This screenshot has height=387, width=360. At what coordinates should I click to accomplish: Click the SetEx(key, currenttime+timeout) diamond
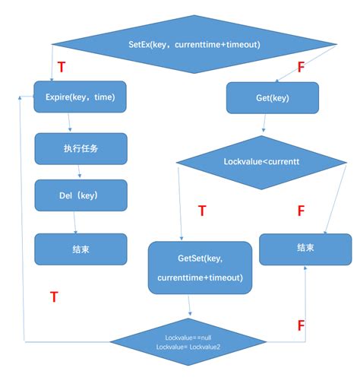coord(194,45)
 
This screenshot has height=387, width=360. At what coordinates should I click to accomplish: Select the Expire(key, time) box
coord(80,97)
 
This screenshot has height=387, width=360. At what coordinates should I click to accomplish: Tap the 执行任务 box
coord(80,148)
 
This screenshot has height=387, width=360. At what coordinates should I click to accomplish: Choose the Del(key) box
coord(80,195)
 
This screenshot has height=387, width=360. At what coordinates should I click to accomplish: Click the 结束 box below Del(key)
coord(80,249)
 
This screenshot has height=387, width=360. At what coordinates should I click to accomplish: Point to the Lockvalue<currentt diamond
coord(261,161)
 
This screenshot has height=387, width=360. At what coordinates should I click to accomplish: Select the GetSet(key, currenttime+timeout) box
coord(200,268)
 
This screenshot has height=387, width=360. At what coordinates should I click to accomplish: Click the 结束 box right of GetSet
coord(305,249)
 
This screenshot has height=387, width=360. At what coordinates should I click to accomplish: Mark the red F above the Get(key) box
coord(301,68)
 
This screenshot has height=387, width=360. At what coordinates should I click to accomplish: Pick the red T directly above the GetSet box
coord(202,211)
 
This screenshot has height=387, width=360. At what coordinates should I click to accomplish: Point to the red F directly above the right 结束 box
coord(301,211)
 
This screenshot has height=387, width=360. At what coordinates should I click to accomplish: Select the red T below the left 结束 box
coord(54,297)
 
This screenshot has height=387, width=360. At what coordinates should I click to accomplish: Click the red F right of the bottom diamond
coord(301,325)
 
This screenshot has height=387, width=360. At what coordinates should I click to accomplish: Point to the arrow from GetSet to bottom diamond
coord(190,306)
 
